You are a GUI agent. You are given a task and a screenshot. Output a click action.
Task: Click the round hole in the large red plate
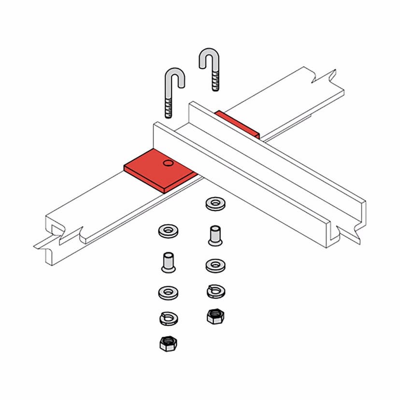(x=168, y=163)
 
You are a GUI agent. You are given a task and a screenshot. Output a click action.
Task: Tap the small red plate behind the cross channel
(x=237, y=123)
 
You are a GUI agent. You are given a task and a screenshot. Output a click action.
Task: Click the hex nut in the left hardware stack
(x=167, y=344)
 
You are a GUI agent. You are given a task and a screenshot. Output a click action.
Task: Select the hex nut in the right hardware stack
(x=213, y=316)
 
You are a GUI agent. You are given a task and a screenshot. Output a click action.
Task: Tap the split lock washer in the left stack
(x=167, y=318)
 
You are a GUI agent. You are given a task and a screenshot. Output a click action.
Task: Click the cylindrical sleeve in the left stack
(x=168, y=262)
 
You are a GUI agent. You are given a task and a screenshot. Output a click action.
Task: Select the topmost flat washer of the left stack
(x=168, y=230)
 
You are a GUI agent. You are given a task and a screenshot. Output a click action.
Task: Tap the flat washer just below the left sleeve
(x=167, y=291)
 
